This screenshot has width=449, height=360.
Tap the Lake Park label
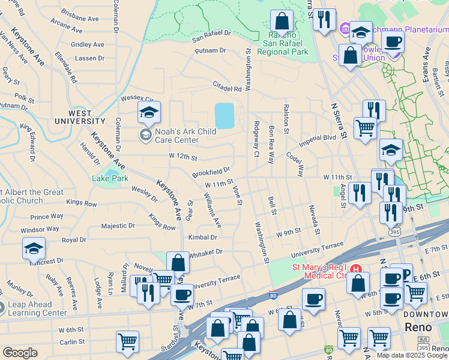[x=110, y=178]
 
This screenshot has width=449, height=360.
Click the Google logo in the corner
[x=20, y=353]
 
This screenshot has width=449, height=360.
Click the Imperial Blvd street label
[x=318, y=138]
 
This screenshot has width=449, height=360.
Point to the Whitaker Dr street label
[x=205, y=253]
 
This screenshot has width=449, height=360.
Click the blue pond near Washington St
[x=224, y=115]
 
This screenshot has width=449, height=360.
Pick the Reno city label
[x=418, y=328]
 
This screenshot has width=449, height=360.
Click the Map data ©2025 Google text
[x=411, y=355]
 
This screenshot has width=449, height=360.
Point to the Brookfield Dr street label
[x=211, y=172]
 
